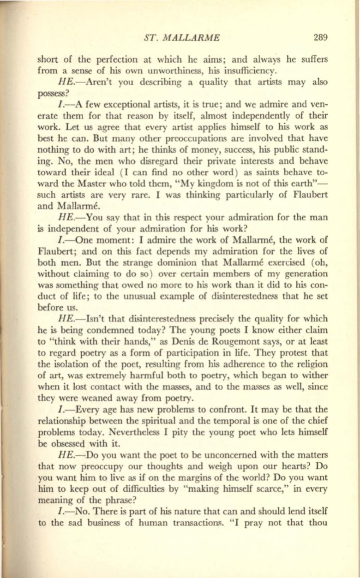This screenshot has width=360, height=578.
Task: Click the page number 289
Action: pos(319,37)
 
